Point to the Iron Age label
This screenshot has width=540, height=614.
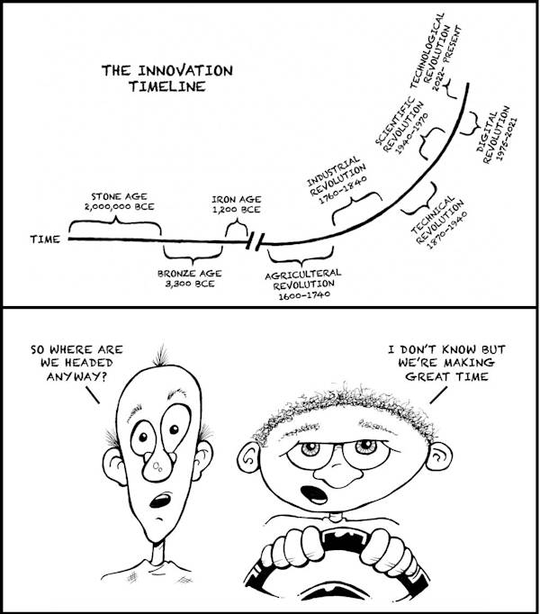coord(236,203)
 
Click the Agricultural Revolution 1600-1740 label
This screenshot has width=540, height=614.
coord(303,283)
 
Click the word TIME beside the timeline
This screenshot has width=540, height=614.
coord(45,240)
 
